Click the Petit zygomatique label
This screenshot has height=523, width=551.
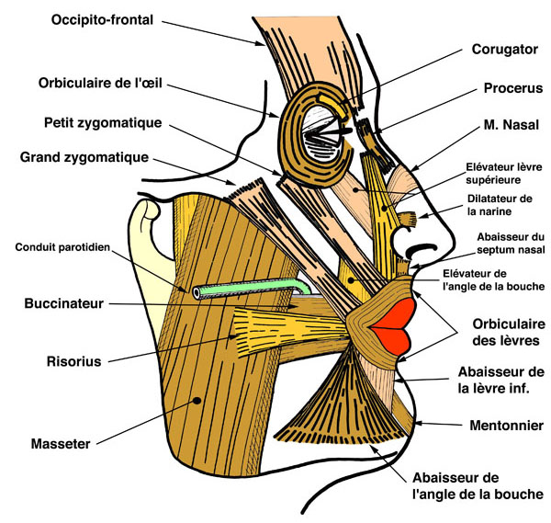tap(103, 122)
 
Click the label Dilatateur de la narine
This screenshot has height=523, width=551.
tap(500, 205)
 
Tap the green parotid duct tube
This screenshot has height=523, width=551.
tap(248, 287)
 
